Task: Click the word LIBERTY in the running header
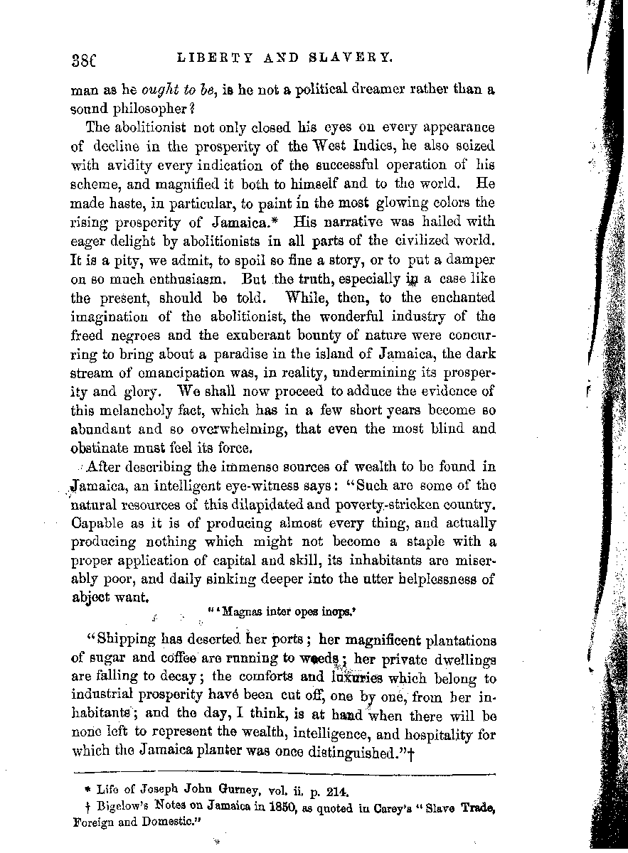coord(207,58)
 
